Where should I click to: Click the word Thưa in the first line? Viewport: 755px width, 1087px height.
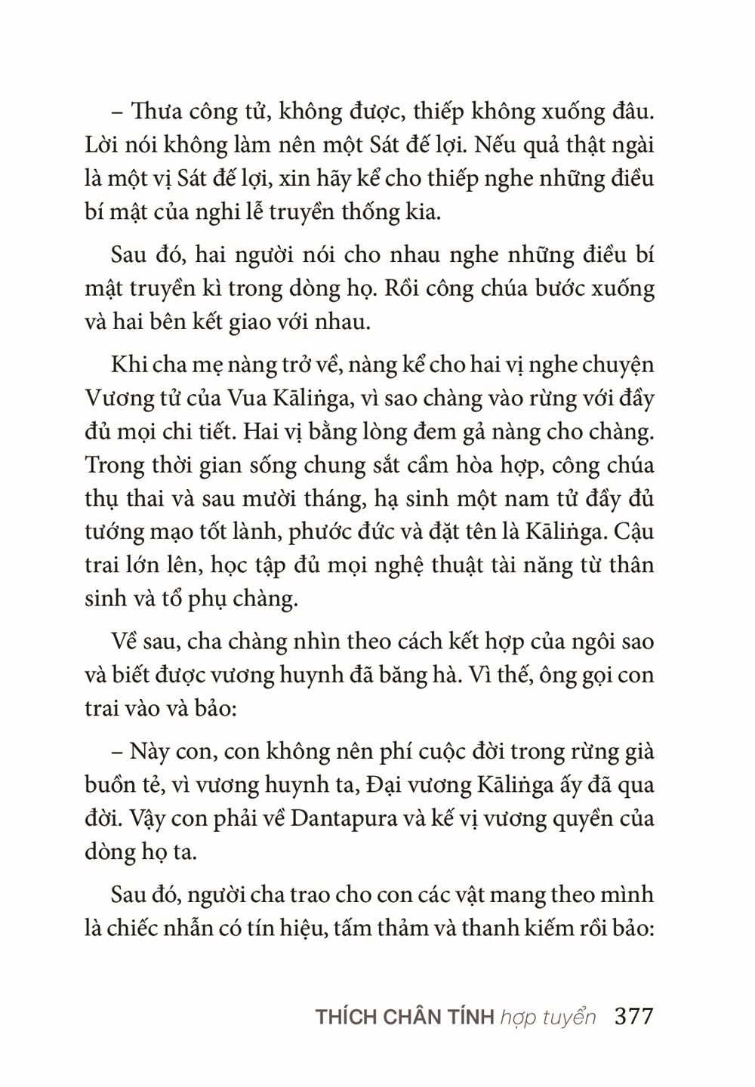point(156,112)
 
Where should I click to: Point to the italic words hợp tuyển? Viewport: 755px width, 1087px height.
point(547,1017)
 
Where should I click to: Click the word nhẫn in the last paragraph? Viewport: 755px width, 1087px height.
point(204,928)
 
